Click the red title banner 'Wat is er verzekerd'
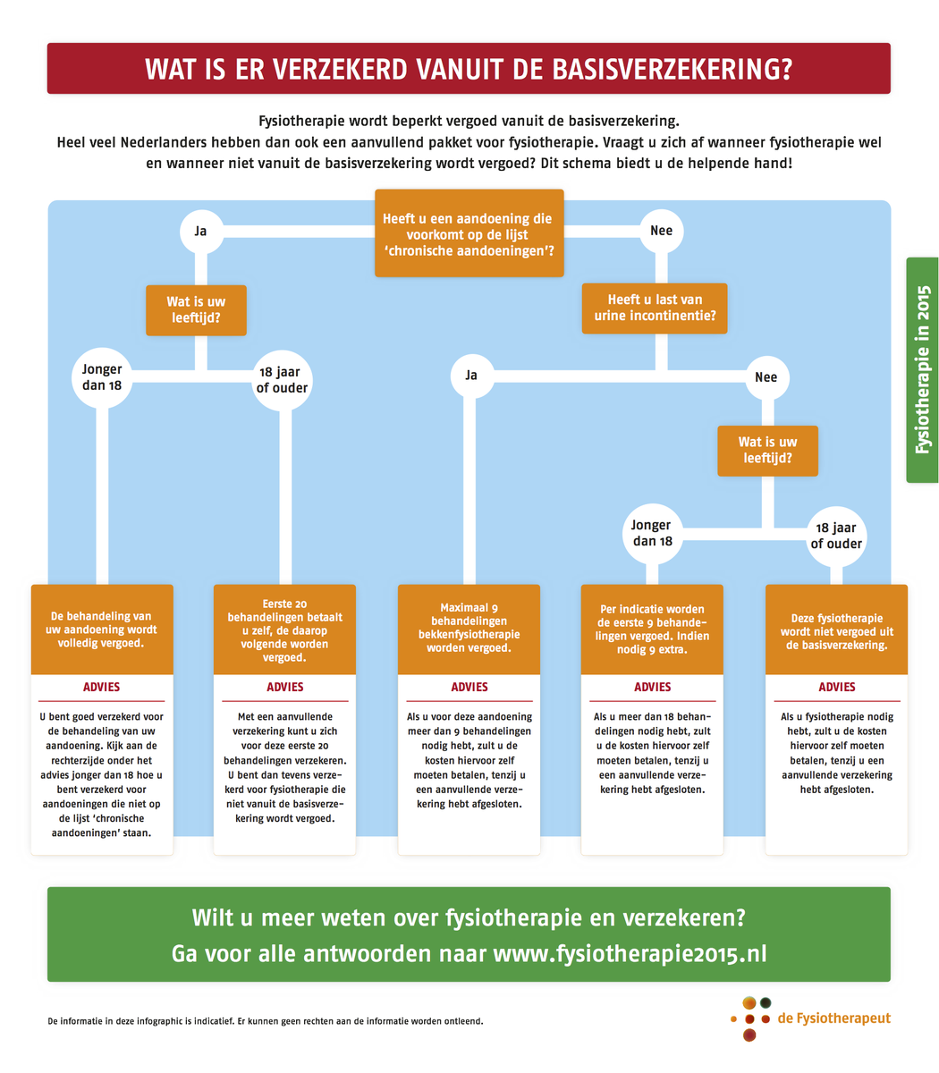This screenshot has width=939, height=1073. [x=469, y=69]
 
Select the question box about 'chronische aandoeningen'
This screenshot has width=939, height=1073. [x=469, y=233]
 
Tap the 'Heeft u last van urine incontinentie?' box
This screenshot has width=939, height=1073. [x=655, y=308]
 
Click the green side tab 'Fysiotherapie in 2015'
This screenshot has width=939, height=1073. [x=922, y=370]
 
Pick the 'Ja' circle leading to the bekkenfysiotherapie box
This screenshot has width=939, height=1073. [x=470, y=376]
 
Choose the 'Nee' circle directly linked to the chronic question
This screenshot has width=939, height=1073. [x=661, y=231]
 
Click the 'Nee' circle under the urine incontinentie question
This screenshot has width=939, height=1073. [x=766, y=377]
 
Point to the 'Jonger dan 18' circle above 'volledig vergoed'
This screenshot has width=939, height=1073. [x=102, y=378]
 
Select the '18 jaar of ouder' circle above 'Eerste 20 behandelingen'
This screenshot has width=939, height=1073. [x=282, y=379]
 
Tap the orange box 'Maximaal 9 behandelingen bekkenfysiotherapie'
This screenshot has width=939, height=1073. [x=469, y=629]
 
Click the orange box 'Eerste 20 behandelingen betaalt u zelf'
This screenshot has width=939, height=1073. [x=284, y=629]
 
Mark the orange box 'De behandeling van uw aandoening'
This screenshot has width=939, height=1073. [x=102, y=629]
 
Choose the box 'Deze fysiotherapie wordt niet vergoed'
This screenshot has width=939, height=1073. [x=836, y=629]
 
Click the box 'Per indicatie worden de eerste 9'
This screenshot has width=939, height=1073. [x=652, y=629]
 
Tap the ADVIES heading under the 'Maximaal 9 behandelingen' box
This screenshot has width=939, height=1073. [x=469, y=687]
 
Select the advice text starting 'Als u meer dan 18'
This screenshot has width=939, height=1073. [x=652, y=753]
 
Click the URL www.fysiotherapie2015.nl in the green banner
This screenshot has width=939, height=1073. [x=630, y=953]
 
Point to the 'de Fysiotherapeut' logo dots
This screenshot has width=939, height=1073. [x=749, y=1018]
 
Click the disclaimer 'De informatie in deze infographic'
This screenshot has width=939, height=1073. [x=265, y=1020]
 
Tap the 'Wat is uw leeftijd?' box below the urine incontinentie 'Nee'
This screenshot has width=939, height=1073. [x=767, y=451]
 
